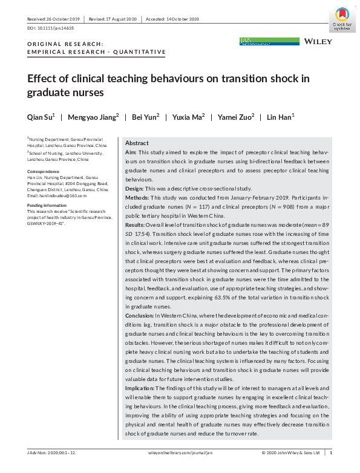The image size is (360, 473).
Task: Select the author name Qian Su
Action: [x=40, y=117]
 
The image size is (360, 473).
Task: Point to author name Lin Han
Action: [x=280, y=117]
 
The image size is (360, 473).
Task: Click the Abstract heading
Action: [x=137, y=143]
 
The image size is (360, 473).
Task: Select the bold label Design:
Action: [x=136, y=188]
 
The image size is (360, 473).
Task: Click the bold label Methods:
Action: [x=137, y=198]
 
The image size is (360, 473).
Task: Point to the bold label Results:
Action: [x=136, y=224]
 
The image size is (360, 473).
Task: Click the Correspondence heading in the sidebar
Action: [x=44, y=172]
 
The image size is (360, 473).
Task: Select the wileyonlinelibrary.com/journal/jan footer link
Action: [x=181, y=452]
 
